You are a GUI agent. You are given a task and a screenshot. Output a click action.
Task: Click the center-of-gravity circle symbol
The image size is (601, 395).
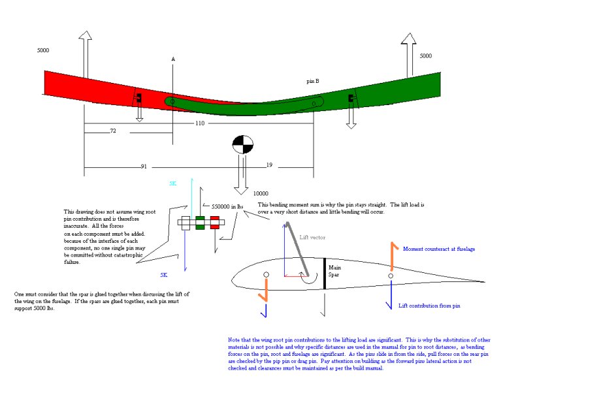[242, 144]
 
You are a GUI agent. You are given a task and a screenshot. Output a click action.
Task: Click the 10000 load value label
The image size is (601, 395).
[261, 194]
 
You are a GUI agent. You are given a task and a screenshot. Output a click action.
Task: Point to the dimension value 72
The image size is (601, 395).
[112, 132]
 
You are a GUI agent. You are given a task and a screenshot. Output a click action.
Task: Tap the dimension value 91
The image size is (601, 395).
[144, 166]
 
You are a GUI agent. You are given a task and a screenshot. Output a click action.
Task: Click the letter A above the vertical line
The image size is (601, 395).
[173, 59]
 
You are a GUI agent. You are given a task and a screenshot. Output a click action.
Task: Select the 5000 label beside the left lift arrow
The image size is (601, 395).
[43, 50]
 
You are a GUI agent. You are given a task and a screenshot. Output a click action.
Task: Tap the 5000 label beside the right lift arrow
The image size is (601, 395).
[425, 56]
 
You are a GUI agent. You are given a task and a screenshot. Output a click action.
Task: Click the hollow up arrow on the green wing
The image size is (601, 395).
[408, 55]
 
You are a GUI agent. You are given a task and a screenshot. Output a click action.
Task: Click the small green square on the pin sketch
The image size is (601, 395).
[200, 222]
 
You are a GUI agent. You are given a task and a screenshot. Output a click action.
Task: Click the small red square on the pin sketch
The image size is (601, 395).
[214, 222]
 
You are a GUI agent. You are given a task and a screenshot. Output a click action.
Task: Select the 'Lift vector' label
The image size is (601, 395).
[312, 238]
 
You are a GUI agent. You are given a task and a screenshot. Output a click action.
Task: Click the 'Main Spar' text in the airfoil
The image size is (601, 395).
[334, 271]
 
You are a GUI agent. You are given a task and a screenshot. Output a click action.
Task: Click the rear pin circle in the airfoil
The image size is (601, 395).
[391, 276]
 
